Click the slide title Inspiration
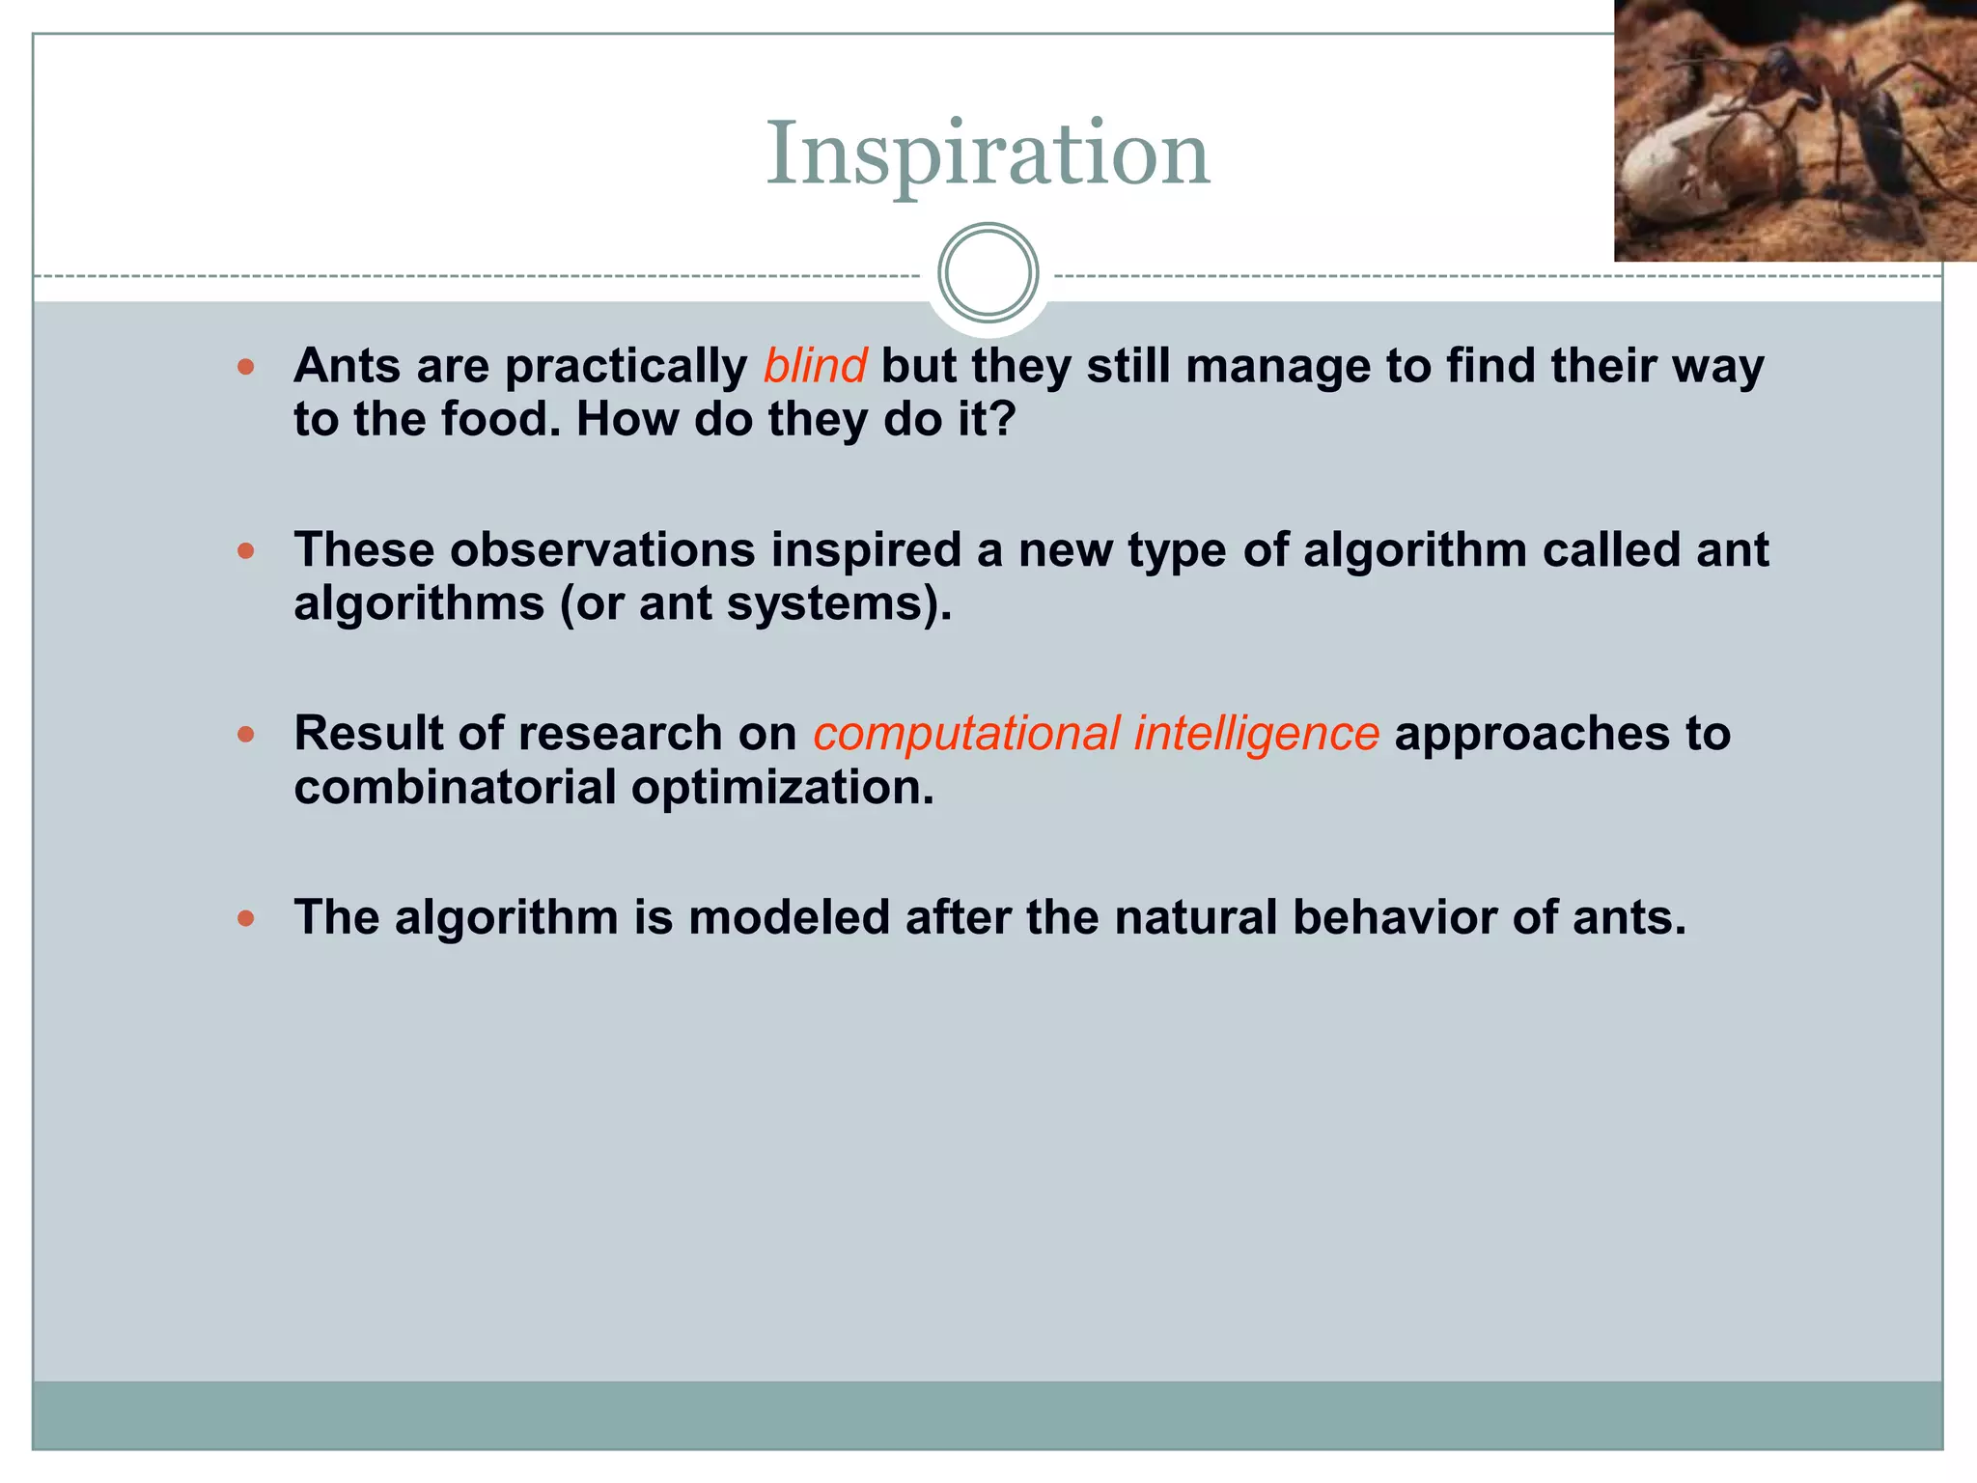pyautogui.click(x=988, y=154)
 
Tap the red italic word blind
pyautogui.click(x=815, y=366)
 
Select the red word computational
pyautogui.click(x=966, y=734)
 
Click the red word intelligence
pyautogui.click(x=1256, y=734)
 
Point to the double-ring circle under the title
pyautogui.click(x=988, y=272)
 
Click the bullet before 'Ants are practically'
pyautogui.click(x=246, y=367)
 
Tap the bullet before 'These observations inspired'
pyautogui.click(x=246, y=551)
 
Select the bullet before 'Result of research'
pyautogui.click(x=246, y=735)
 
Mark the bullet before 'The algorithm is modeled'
pyautogui.click(x=246, y=918)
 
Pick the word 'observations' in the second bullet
pyautogui.click(x=602, y=550)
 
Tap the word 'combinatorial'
pyautogui.click(x=455, y=788)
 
